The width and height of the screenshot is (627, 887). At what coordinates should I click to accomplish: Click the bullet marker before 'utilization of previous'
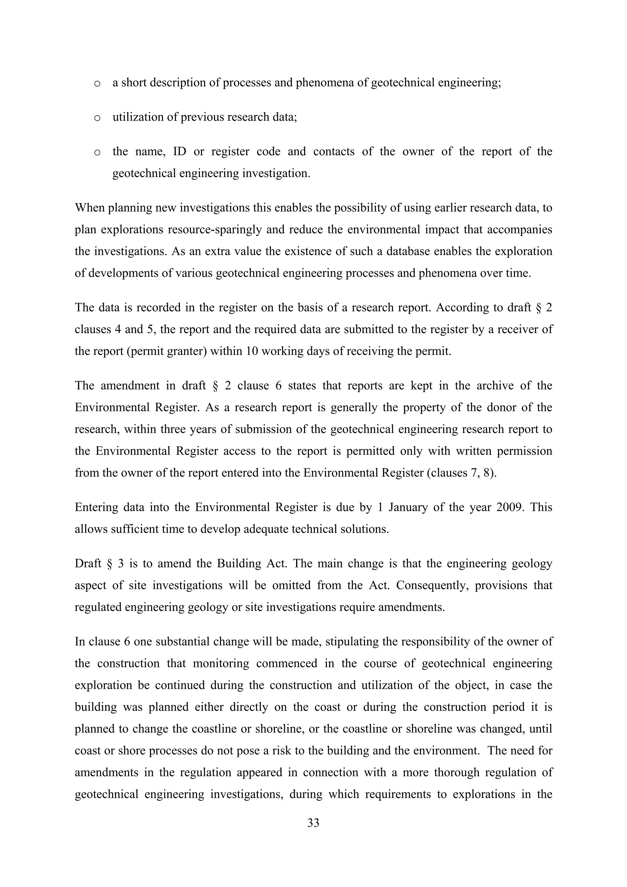(x=97, y=118)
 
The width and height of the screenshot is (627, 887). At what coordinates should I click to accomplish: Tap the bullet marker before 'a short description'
(x=97, y=84)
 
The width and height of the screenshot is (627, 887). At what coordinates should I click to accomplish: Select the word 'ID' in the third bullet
(x=179, y=152)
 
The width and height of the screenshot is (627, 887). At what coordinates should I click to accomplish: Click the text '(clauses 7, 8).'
(x=461, y=473)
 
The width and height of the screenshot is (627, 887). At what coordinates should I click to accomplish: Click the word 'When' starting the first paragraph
(x=90, y=208)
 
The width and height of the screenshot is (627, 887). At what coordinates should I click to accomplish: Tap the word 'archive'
(x=495, y=385)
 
